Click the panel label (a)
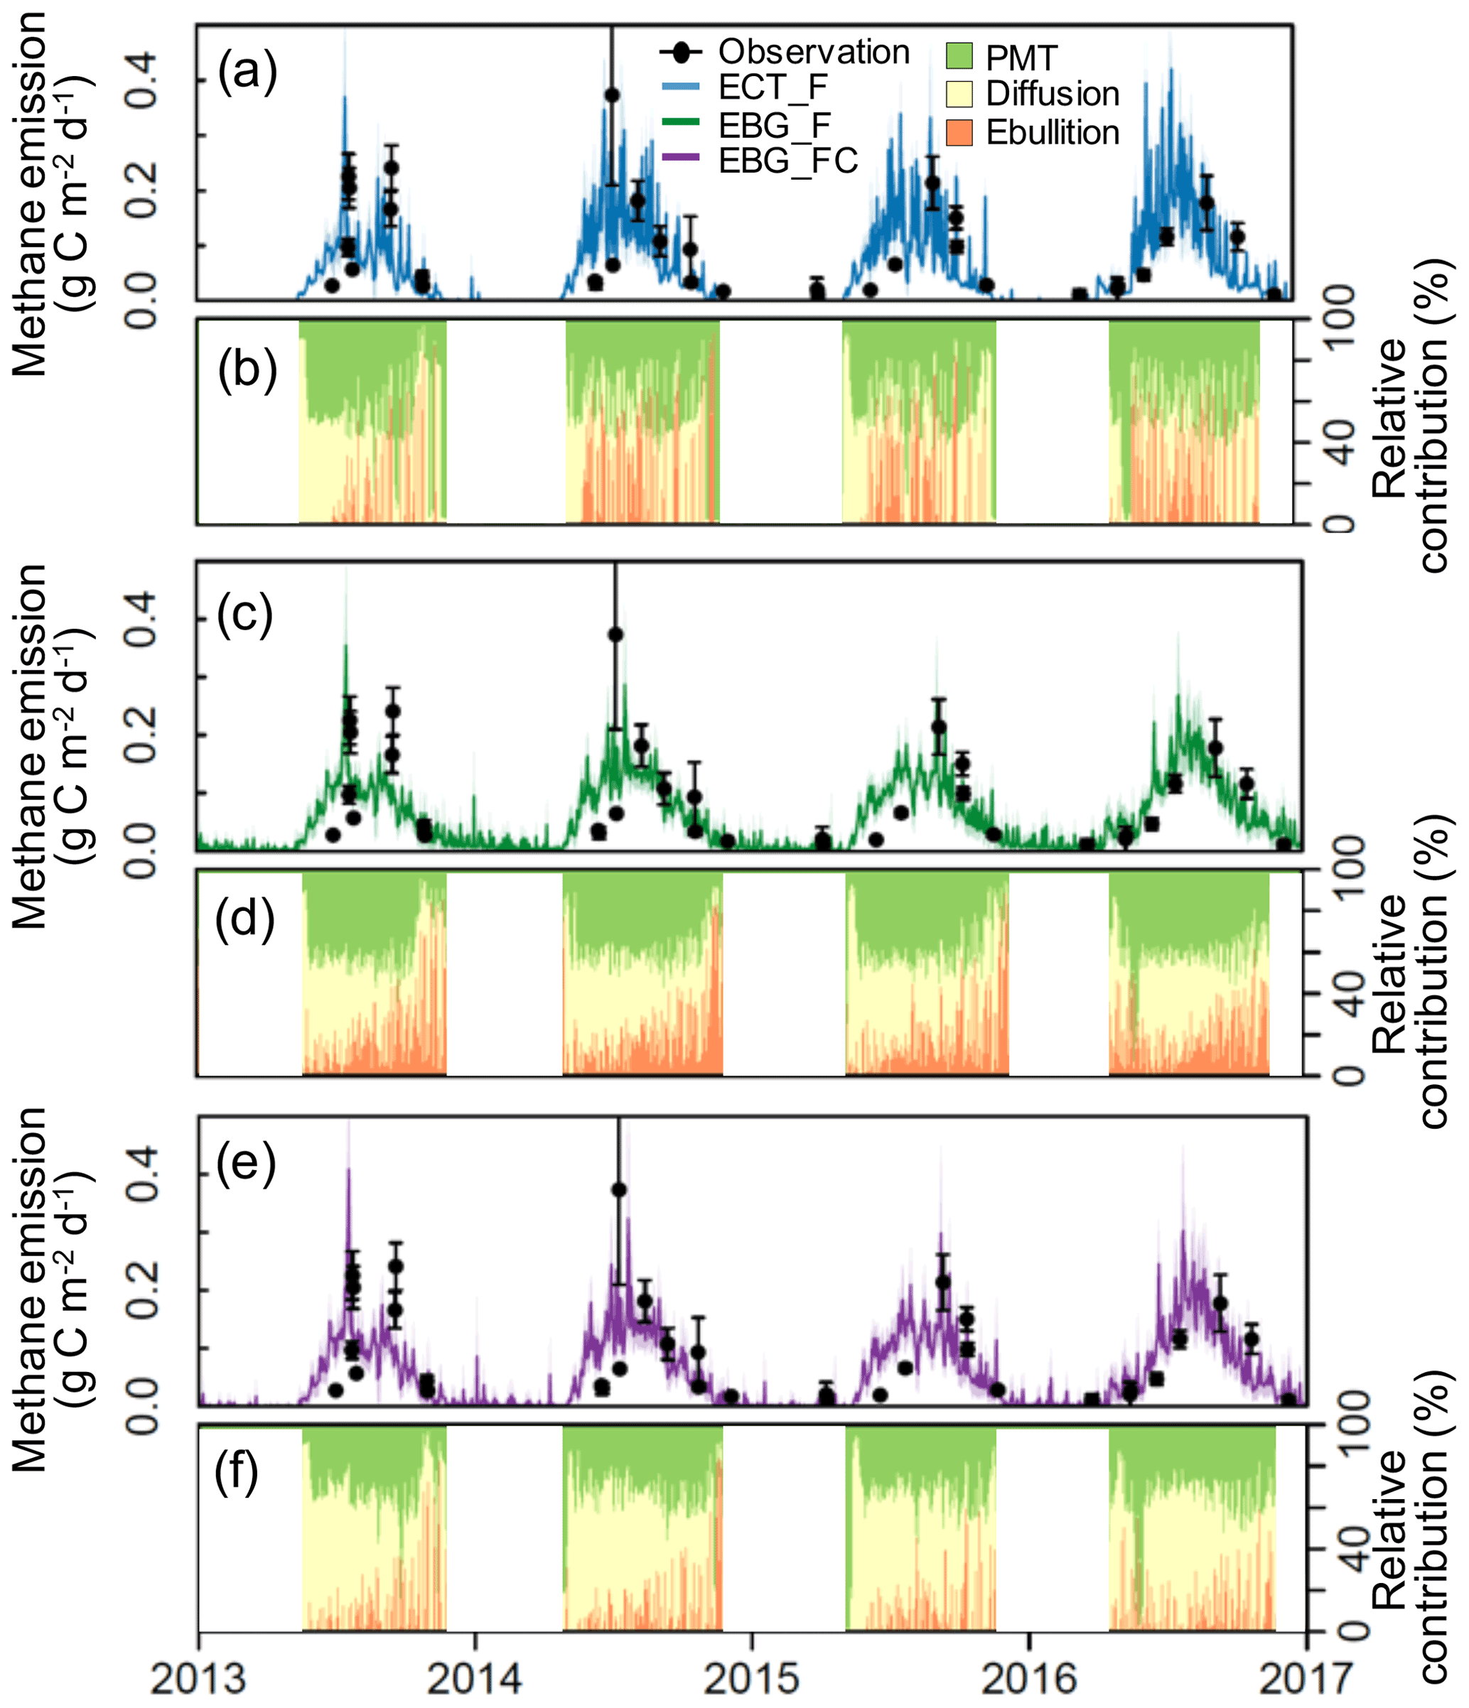point(247,72)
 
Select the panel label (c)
point(244,614)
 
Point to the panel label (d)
point(244,918)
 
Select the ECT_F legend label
point(773,87)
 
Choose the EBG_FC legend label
point(788,161)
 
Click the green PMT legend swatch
point(959,56)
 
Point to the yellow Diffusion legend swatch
point(959,94)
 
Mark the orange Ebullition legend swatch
point(959,132)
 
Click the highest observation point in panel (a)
point(612,94)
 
